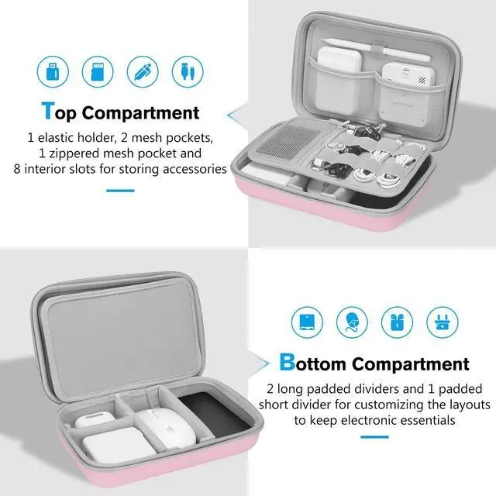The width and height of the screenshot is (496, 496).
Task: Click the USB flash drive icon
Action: (x=54, y=67)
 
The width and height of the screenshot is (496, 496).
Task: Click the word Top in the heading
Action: (x=59, y=113)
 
